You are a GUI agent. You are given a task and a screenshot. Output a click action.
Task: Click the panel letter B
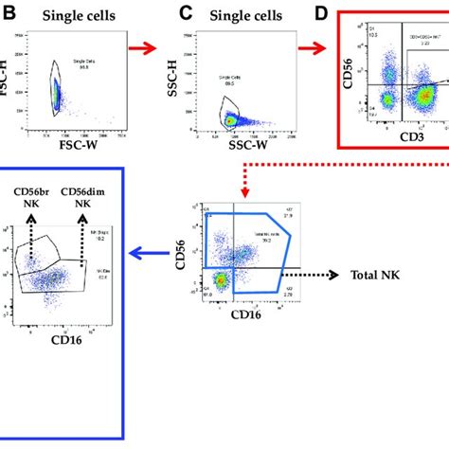click(8, 14)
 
